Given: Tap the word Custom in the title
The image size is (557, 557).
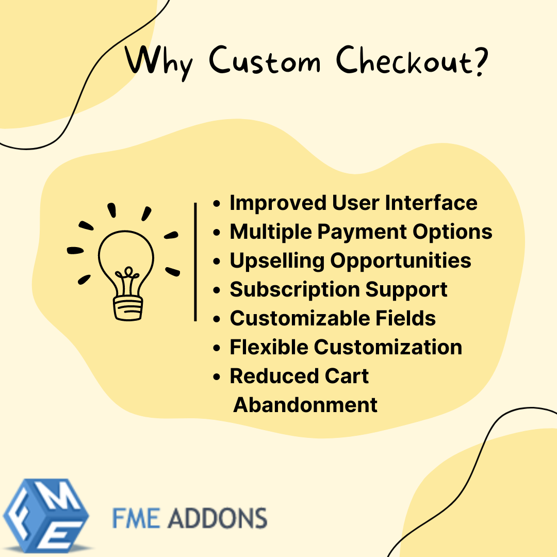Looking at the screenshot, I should tap(265, 62).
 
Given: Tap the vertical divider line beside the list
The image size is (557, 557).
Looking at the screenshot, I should tap(195, 262).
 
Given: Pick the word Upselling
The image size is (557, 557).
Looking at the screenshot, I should tap(276, 261).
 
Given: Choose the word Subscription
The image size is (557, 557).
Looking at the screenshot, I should tap(294, 289).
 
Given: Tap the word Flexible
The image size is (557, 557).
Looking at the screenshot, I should tap(269, 347).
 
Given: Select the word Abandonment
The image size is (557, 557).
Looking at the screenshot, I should tap(305, 405).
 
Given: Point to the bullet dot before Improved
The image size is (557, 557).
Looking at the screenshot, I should tap(217, 203).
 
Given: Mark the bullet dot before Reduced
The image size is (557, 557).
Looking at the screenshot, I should tap(217, 376).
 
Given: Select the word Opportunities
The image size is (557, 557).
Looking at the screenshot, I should tap(401, 261).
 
